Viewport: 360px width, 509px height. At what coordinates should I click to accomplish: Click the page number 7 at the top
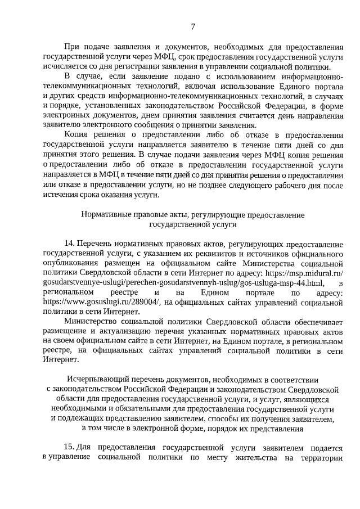tap(192, 26)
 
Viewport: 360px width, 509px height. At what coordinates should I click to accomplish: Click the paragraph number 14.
tap(70, 244)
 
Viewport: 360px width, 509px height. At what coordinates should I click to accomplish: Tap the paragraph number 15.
tap(69, 448)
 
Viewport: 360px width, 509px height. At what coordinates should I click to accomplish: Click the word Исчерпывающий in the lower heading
tap(98, 379)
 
